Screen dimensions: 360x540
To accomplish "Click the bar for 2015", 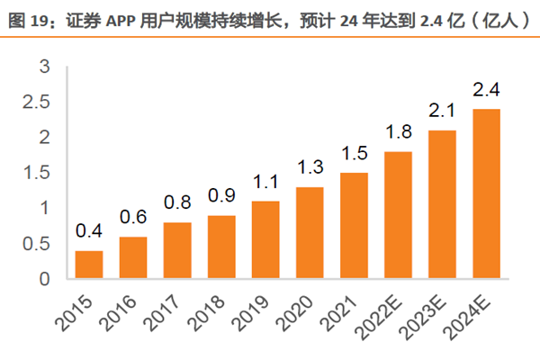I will tap(88, 265).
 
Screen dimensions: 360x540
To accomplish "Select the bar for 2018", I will tap(221, 247).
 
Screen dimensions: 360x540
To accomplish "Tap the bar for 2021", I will tap(355, 225).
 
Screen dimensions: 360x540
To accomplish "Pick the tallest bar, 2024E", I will tap(487, 193).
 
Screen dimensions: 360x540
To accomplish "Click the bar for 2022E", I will tap(399, 215).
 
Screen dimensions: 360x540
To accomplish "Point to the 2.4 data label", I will tap(487, 90).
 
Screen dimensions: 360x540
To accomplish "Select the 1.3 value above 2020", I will tap(310, 168).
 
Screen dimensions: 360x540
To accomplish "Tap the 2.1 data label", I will tap(443, 112).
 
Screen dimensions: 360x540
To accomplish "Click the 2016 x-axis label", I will tap(122, 310).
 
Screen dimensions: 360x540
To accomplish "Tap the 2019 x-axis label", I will tap(255, 310).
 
